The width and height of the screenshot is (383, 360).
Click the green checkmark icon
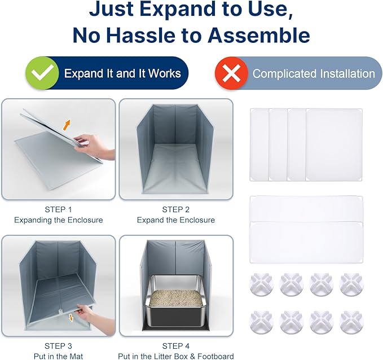(42, 73)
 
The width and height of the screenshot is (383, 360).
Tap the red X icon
(231, 73)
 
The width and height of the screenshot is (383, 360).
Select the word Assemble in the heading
(259, 35)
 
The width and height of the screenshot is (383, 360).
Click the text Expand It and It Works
(122, 73)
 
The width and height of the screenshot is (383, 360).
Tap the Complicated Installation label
(313, 73)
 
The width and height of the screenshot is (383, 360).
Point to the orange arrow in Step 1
(66, 125)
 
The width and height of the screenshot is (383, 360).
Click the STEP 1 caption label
(58, 209)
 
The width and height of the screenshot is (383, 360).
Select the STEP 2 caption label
(175, 209)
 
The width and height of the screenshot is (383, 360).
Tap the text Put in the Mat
(58, 356)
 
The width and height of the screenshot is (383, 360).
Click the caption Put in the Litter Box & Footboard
(175, 356)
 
